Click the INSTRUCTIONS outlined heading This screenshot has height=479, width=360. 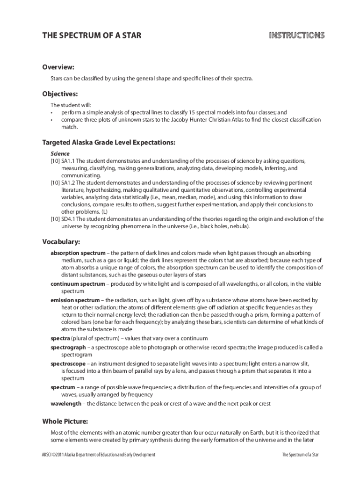point(296,36)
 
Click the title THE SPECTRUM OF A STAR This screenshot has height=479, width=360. point(92,36)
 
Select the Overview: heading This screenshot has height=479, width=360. point(58,67)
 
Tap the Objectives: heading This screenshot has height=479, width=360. point(60,94)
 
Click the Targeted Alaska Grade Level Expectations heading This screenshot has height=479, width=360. point(109,142)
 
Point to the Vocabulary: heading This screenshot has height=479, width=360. point(61,242)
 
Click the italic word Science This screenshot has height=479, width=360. point(60,153)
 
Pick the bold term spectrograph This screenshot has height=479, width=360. point(68,348)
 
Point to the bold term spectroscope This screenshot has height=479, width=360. point(68,363)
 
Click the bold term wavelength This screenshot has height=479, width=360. point(65,403)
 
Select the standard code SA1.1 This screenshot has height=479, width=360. point(68,160)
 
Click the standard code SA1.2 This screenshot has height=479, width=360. point(68,182)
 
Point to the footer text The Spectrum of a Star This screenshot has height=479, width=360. point(301,455)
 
